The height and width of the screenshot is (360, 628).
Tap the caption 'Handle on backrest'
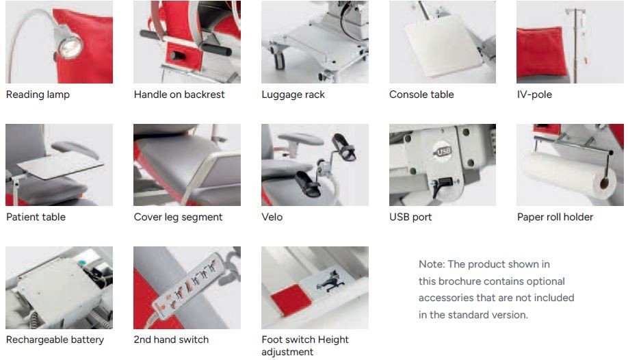pos(179,94)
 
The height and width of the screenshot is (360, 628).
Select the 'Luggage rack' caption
pos(293,94)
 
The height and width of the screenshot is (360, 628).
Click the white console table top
pos(442,45)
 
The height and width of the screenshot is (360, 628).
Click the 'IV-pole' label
pos(534,94)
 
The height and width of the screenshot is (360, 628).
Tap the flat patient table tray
pos(60,165)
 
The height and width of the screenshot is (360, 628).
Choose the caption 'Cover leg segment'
pos(178,217)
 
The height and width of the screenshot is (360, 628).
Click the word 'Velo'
pos(272,217)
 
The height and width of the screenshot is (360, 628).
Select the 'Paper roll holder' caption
pos(555,217)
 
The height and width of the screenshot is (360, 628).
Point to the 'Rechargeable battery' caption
pos(55,339)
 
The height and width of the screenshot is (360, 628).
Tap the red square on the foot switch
pos(291,300)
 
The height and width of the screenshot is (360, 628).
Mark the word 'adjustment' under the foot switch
pos(287,352)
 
